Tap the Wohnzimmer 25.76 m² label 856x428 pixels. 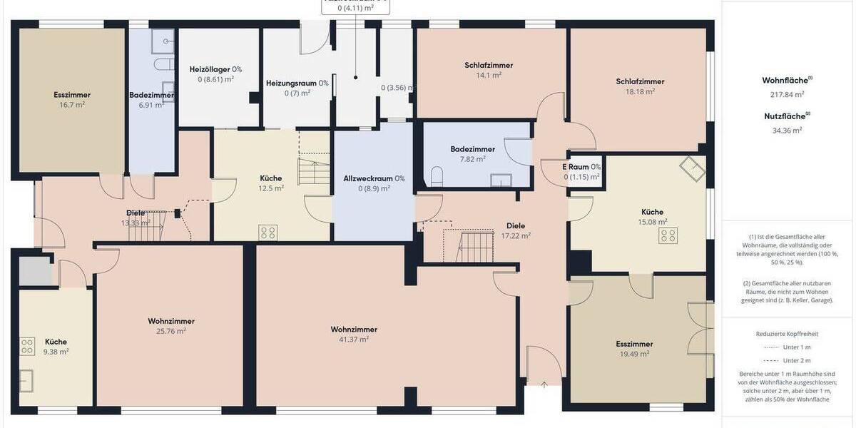click(x=171, y=326)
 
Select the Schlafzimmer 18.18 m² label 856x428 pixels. click(x=640, y=86)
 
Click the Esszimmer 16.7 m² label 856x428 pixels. click(x=71, y=99)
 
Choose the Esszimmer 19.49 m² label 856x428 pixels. click(x=634, y=349)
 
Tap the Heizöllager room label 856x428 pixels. click(x=215, y=74)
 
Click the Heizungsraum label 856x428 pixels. click(x=297, y=88)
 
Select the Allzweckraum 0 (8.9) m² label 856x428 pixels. click(x=374, y=183)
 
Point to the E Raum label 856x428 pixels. click(x=581, y=171)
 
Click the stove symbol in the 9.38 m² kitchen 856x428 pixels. click(x=28, y=347)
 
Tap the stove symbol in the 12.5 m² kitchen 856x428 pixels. click(x=268, y=232)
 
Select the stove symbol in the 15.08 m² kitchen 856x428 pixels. click(x=668, y=236)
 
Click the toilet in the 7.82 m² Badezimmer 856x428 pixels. click(x=437, y=176)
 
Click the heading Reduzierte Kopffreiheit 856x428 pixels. click(x=786, y=333)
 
